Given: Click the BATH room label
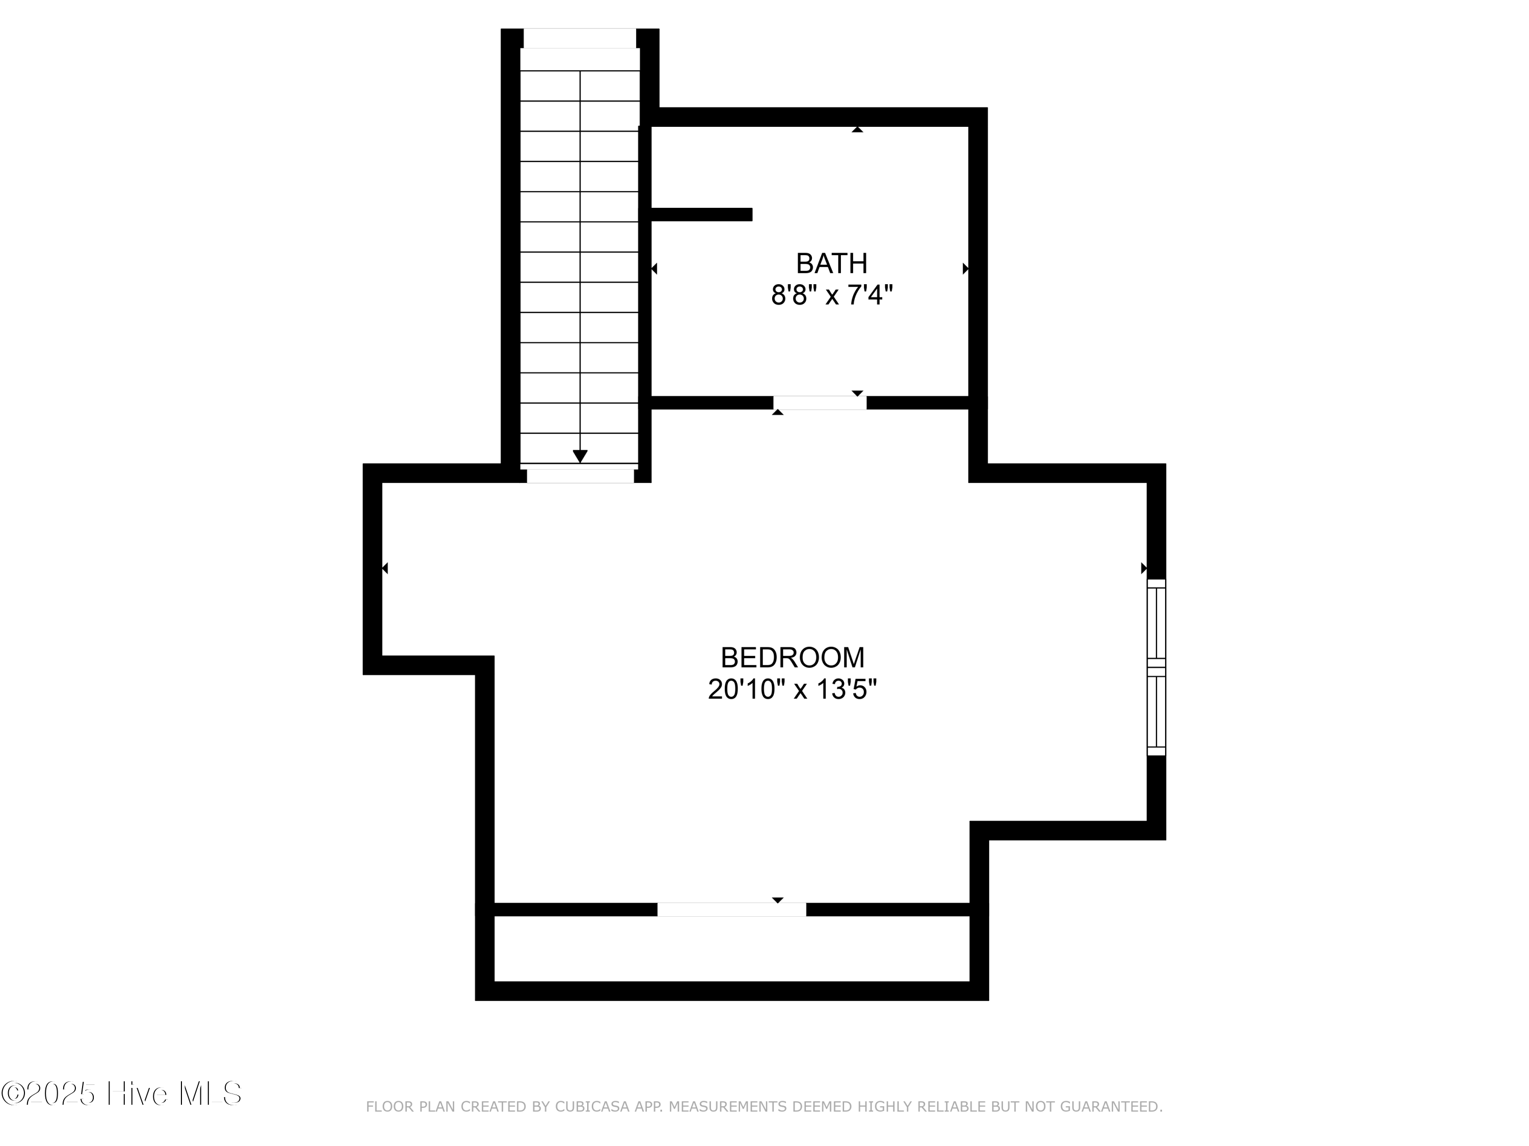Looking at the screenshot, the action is point(832,263).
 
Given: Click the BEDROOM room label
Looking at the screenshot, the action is point(792,658).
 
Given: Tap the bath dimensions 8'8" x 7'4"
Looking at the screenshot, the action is point(832,295).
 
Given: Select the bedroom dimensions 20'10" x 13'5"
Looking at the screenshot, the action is point(792,690).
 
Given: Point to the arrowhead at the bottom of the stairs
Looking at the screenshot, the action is point(580,456).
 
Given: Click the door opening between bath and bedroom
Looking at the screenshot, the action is point(820,403).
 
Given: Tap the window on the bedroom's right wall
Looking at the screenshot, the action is point(1156,667).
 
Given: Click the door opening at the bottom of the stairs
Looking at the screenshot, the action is point(580,476).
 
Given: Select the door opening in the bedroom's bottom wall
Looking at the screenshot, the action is point(731,910).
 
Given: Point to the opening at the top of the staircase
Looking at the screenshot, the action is point(579,39).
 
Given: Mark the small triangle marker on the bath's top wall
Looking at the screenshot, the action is point(857,129).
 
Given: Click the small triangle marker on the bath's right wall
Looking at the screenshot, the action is point(966,269).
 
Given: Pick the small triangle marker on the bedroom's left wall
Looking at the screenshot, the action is point(385,568).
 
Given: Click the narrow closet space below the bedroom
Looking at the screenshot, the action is point(731,948).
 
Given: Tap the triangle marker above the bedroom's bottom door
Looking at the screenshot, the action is point(778,900).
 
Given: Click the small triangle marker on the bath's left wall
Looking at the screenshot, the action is point(654,269).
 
